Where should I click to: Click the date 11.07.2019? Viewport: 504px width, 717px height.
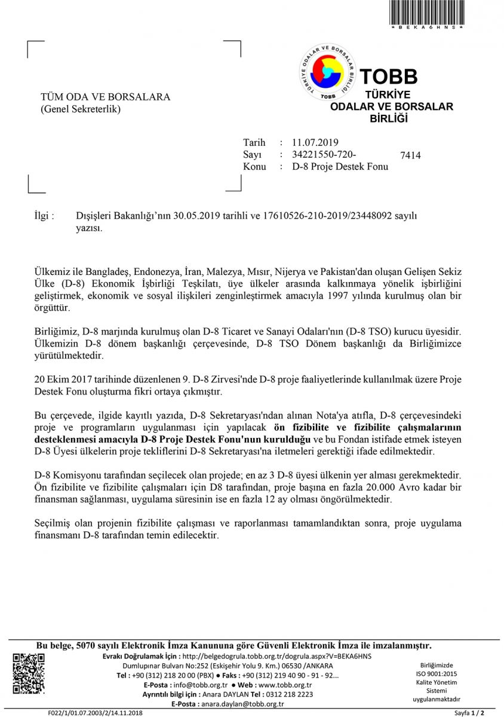(315, 142)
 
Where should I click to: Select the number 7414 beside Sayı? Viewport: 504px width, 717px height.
(410, 155)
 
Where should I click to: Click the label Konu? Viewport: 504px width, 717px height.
(254, 167)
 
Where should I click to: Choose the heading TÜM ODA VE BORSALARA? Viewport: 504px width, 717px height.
(105, 97)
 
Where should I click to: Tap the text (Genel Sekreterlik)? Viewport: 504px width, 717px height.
(80, 109)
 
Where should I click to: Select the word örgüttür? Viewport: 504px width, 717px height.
(51, 308)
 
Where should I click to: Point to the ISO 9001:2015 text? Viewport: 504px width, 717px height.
(437, 674)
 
